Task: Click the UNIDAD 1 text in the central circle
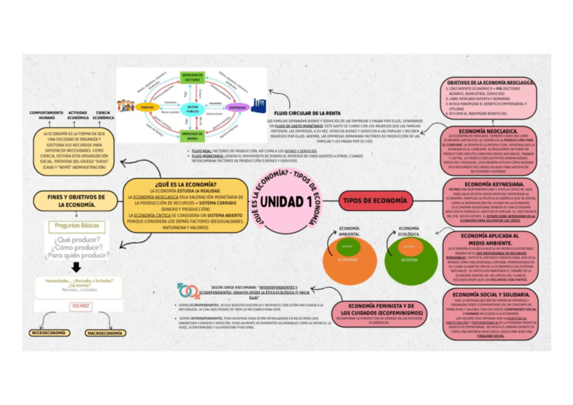(x=286, y=201)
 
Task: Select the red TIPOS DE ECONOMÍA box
(x=375, y=201)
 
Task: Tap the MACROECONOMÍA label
(x=105, y=333)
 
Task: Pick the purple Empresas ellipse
(x=236, y=107)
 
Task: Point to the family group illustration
(x=126, y=106)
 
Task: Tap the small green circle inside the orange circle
(x=347, y=247)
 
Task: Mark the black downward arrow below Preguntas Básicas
(x=76, y=267)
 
